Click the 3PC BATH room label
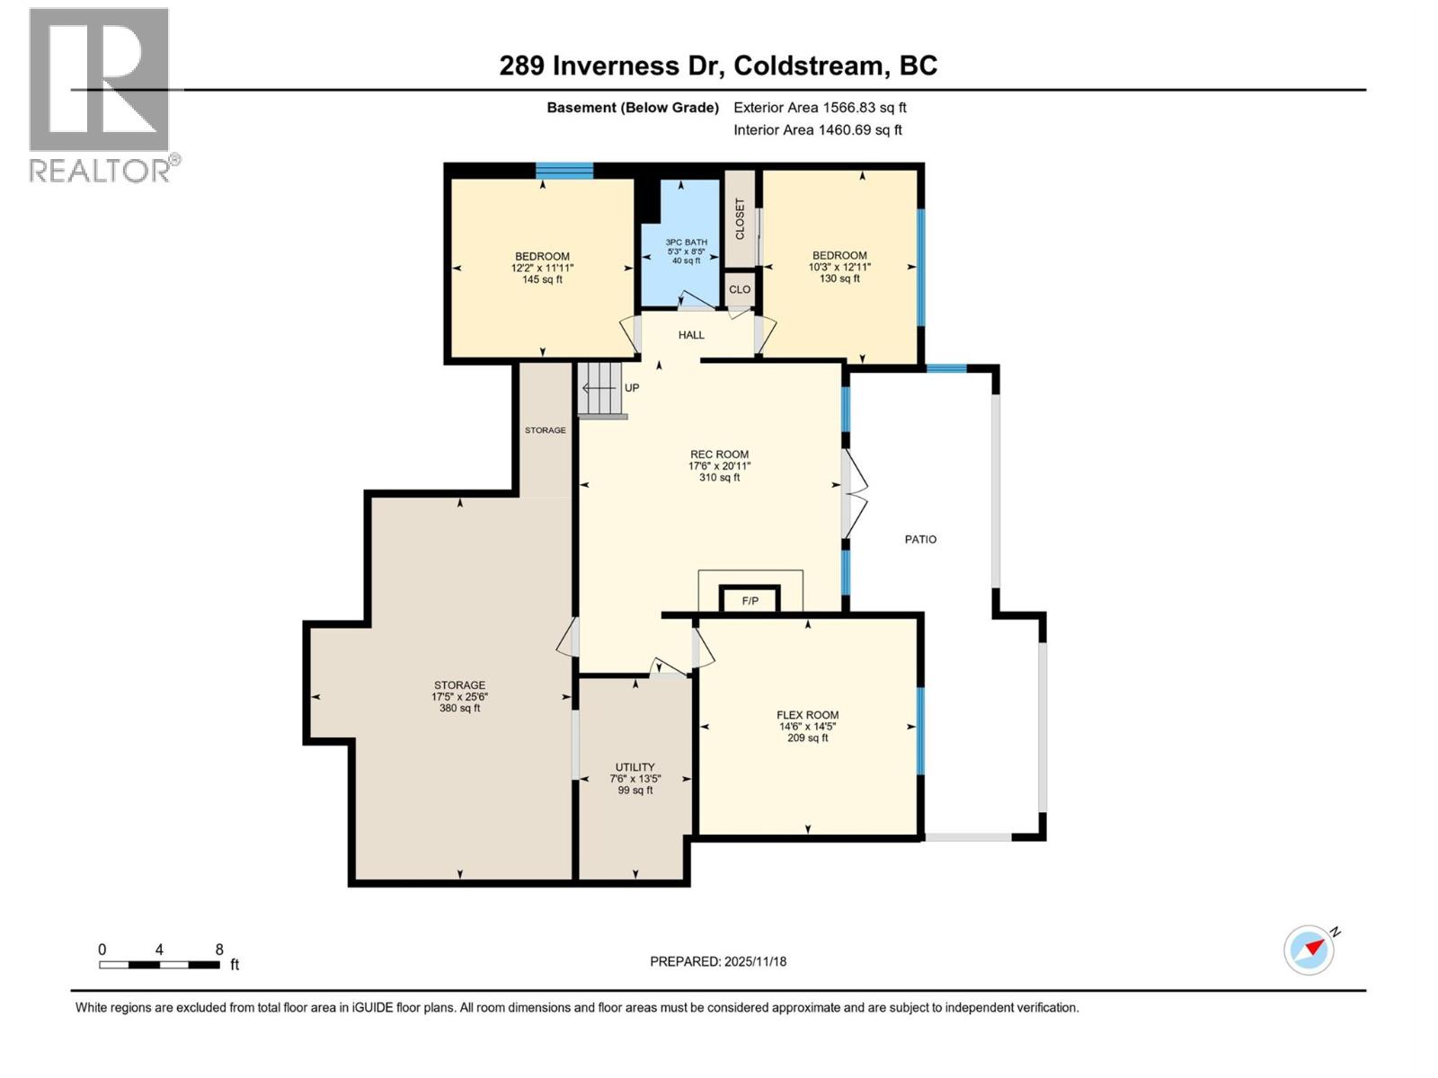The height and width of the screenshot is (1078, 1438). pyautogui.click(x=686, y=243)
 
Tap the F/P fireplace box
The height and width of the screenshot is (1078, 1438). pyautogui.click(x=750, y=600)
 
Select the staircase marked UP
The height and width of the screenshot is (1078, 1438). pyautogui.click(x=600, y=389)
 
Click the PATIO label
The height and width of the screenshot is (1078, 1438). pyautogui.click(x=920, y=539)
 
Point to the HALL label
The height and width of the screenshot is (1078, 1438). pyautogui.click(x=691, y=335)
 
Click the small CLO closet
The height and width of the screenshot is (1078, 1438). pyautogui.click(x=740, y=289)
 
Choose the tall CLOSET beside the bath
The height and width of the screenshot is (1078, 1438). pyautogui.click(x=740, y=219)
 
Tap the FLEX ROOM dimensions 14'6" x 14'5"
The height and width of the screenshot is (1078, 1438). pyautogui.click(x=807, y=727)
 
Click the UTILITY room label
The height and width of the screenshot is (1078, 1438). pyautogui.click(x=635, y=767)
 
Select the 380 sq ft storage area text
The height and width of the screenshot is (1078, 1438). pyautogui.click(x=459, y=708)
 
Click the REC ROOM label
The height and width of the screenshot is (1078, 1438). pyautogui.click(x=719, y=455)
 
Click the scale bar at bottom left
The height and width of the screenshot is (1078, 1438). pyautogui.click(x=159, y=965)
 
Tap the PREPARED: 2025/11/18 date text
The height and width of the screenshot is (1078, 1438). pyautogui.click(x=718, y=961)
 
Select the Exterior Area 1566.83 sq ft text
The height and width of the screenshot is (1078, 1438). pyautogui.click(x=820, y=108)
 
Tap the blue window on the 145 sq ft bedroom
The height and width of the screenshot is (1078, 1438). pyautogui.click(x=564, y=171)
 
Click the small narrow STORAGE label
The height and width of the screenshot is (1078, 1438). pyautogui.click(x=546, y=430)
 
